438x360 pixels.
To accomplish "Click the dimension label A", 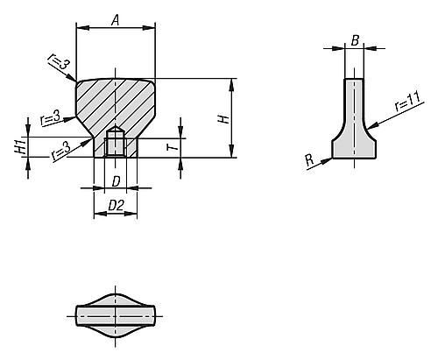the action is (x=116, y=20).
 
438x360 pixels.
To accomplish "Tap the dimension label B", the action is (x=355, y=40).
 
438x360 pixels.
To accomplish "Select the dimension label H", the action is (x=224, y=119).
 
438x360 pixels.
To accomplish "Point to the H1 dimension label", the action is (x=20, y=146).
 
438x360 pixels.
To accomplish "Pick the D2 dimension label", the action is (x=116, y=206).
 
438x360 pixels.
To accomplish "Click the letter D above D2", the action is (x=116, y=182).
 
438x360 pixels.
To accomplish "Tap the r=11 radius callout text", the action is (x=409, y=102).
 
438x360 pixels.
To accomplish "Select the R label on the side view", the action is (x=309, y=160).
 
